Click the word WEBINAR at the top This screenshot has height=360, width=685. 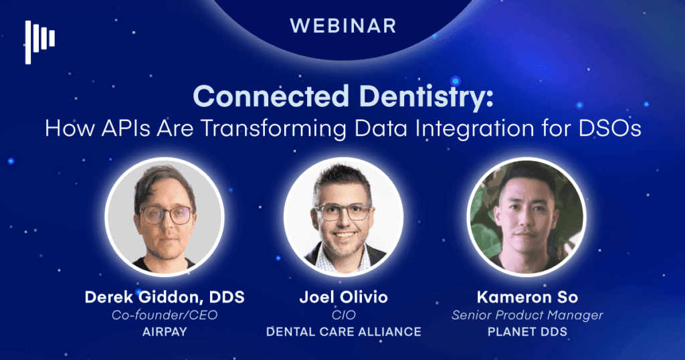point(342,26)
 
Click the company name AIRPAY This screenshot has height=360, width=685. point(164,331)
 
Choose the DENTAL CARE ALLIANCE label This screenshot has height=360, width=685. point(343,331)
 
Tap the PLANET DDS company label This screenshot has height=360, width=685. point(526,331)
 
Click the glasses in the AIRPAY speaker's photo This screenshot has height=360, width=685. point(165,215)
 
